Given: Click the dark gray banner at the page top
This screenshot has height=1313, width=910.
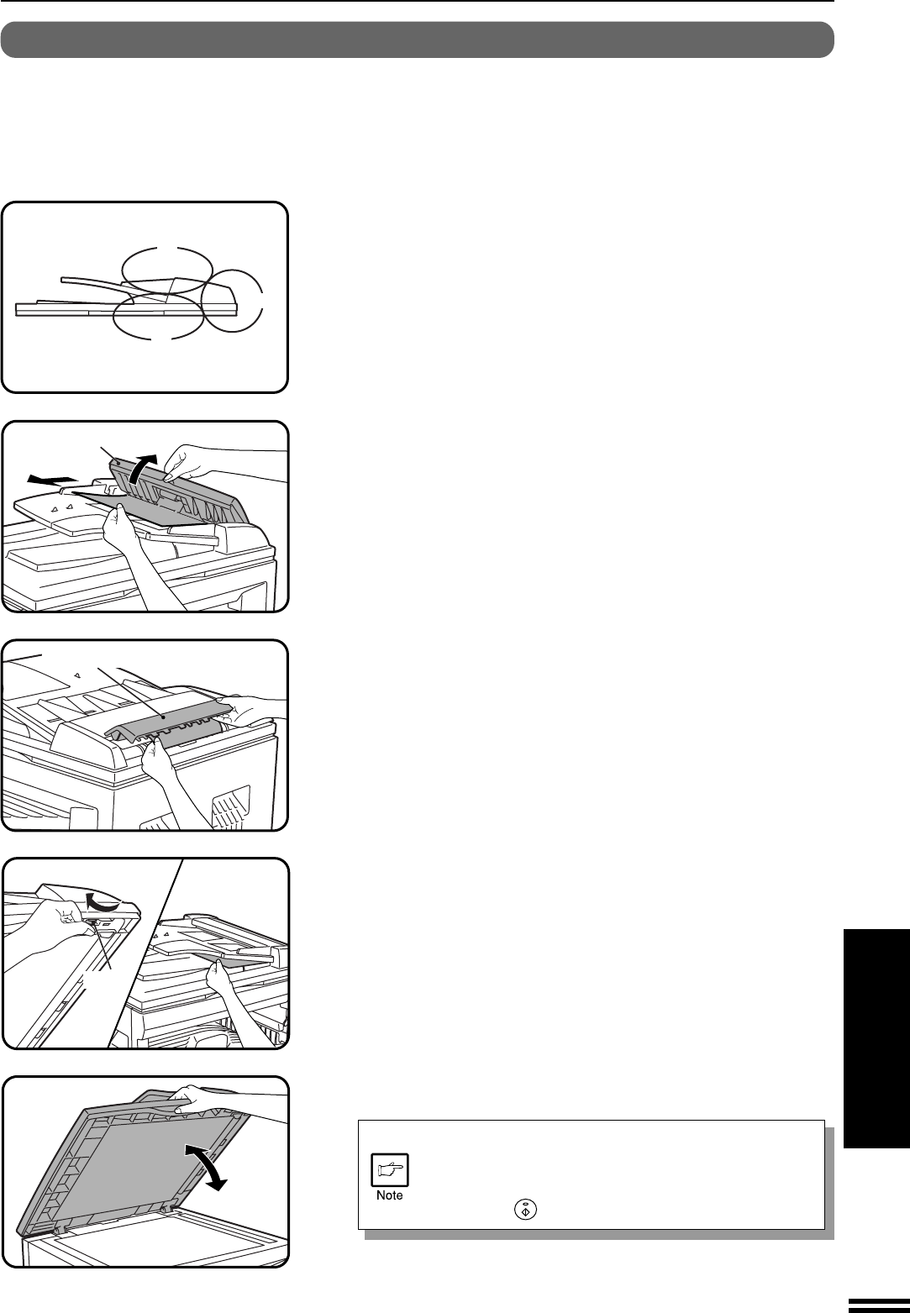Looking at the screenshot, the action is [417, 39].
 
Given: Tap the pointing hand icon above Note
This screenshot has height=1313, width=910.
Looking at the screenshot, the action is [389, 1170].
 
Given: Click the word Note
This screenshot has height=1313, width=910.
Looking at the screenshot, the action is [389, 1195].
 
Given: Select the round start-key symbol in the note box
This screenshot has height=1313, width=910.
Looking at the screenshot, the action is [525, 1209].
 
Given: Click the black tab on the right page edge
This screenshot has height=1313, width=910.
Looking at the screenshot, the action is [876, 1037].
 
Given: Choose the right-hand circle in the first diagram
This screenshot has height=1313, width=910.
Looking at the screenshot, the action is [203, 299].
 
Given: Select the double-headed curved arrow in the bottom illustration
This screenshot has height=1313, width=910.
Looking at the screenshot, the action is [205, 1168].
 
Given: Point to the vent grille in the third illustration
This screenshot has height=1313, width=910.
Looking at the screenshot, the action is [231, 806].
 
